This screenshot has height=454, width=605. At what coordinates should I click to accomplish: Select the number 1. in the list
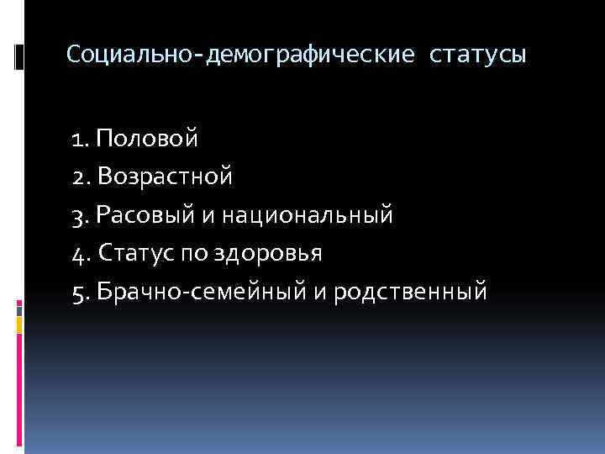(81, 138)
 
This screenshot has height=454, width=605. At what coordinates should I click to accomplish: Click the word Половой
(149, 138)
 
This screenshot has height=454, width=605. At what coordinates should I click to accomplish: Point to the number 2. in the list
(82, 177)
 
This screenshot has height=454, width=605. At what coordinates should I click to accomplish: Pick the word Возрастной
(165, 177)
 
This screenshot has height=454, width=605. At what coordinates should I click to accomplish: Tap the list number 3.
(82, 215)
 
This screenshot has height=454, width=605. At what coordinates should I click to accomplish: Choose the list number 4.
(82, 253)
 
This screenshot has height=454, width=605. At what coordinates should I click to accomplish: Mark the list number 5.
(82, 292)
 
